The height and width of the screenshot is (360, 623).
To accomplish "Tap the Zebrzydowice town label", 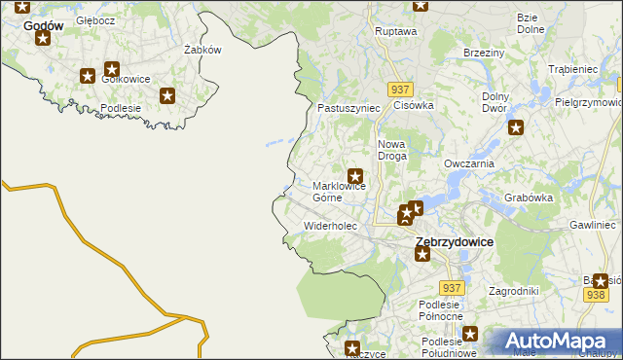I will pos(454,240).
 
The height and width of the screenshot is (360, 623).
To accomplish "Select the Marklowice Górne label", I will pos(339,191).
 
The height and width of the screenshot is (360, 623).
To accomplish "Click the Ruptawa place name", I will pos(395,31).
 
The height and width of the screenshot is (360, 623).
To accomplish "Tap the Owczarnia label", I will pos(469,163).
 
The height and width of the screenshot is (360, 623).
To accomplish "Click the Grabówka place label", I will pos(529,198).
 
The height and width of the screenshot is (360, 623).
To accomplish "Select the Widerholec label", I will pos(331,226).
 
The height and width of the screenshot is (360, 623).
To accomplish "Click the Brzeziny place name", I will pos(484,53).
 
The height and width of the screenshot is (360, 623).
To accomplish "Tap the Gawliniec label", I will pos(594,225).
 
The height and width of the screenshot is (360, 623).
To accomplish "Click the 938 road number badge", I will pos(597,295).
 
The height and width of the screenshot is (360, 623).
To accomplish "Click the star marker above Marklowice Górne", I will pos(356,176).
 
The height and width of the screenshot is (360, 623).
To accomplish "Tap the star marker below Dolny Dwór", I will pos(516,126).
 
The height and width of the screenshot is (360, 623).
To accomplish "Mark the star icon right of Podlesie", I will pos(167,95).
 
